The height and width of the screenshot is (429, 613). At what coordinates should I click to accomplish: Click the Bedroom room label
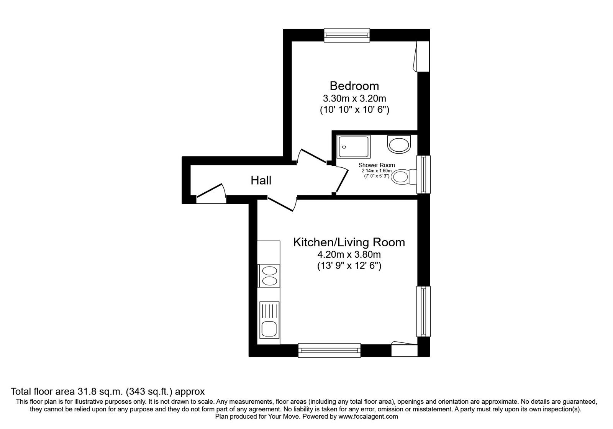pyautogui.click(x=354, y=86)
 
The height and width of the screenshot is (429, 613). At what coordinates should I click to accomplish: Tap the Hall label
pyautogui.click(x=261, y=180)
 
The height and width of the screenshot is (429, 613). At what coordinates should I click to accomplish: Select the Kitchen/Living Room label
pyautogui.click(x=349, y=242)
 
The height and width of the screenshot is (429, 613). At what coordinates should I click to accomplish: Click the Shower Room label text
pyautogui.click(x=377, y=165)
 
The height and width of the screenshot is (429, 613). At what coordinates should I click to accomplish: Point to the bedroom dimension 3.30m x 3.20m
pyautogui.click(x=354, y=98)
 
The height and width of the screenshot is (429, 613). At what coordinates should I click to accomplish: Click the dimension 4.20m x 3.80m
pyautogui.click(x=349, y=254)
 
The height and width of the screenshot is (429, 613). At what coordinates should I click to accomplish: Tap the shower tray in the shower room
pyautogui.click(x=354, y=146)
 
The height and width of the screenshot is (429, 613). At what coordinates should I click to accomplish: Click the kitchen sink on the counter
pyautogui.click(x=269, y=329)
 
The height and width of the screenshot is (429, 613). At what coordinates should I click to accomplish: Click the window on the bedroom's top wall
pyautogui.click(x=347, y=35)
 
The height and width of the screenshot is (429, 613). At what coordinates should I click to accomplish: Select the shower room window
pyautogui.click(x=423, y=174)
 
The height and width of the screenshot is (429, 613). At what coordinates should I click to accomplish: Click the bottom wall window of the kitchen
pyautogui.click(x=329, y=350)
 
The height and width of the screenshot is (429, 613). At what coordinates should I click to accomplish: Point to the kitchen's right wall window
pyautogui.click(x=423, y=311)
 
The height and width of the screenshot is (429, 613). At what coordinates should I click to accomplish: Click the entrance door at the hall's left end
pyautogui.click(x=210, y=193)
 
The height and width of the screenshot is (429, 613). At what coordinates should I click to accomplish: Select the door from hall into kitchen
pyautogui.click(x=282, y=203)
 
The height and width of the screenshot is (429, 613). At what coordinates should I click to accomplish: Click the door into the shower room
pyautogui.click(x=341, y=179)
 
